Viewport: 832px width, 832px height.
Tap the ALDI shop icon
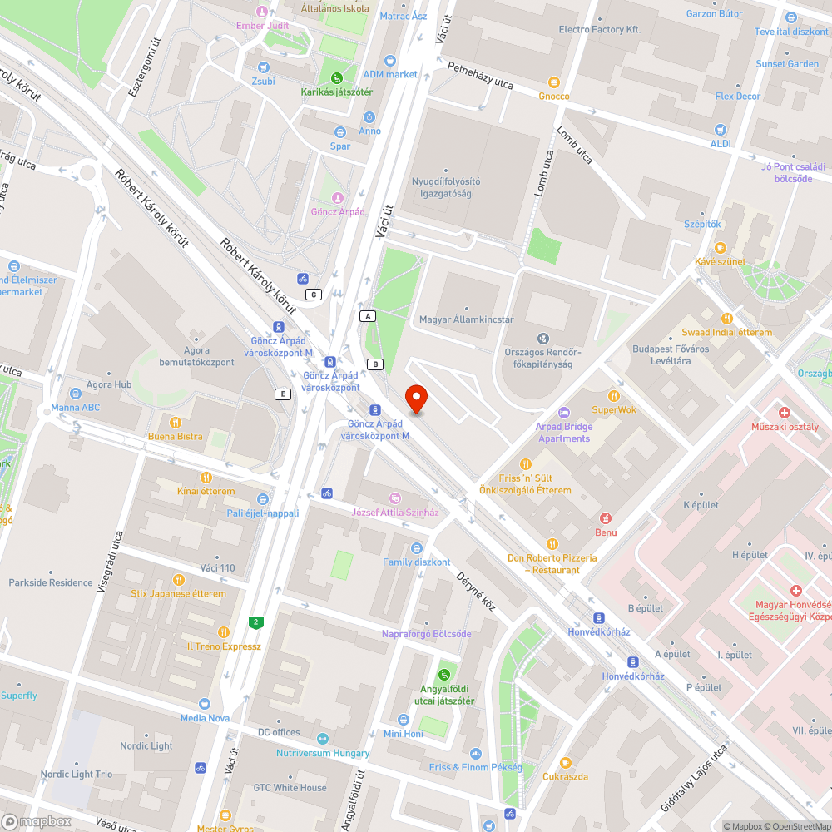(721, 130)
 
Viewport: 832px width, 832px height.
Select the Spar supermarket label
(340, 146)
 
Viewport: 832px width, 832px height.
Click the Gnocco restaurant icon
(554, 82)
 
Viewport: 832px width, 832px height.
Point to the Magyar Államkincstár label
(466, 319)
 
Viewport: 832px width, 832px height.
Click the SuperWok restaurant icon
(614, 395)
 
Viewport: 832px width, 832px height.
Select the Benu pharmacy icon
(606, 518)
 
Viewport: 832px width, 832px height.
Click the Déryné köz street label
(475, 591)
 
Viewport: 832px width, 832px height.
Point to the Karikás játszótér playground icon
(337, 77)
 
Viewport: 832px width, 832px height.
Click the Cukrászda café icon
(566, 762)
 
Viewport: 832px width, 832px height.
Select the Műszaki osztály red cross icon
(784, 413)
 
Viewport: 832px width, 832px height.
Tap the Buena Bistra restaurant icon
(176, 422)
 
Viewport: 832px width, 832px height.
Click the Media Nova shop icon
(205, 703)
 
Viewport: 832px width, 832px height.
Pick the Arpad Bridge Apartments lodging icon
(563, 413)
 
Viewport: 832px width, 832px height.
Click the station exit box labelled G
(314, 294)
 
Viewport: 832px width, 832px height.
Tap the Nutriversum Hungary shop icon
(323, 739)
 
